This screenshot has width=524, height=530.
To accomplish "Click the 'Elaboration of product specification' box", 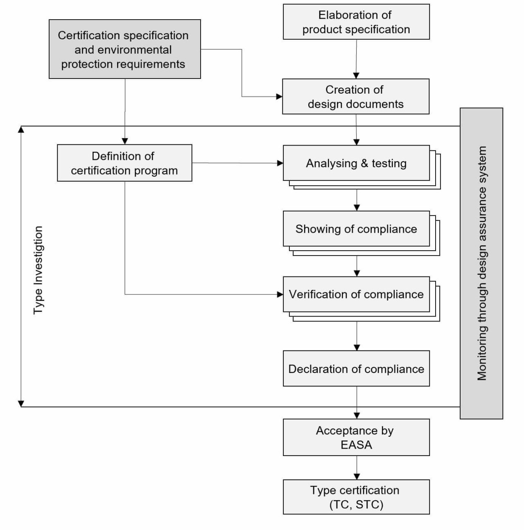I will click(x=356, y=22).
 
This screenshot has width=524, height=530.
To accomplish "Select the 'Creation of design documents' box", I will click(x=356, y=97).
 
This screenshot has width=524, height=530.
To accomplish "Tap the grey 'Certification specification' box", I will click(x=124, y=49).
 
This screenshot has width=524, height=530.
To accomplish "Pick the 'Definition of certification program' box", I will click(x=124, y=163).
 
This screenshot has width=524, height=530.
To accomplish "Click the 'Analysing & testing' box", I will click(x=356, y=163).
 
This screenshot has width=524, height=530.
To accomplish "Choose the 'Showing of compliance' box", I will click(x=356, y=229).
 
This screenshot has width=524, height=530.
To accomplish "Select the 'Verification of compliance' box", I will click(x=356, y=294).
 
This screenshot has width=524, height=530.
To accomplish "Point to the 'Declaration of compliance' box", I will click(x=356, y=368).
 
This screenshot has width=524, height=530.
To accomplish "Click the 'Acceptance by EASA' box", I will click(x=356, y=437).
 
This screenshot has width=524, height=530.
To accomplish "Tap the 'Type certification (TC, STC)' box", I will click(x=356, y=497).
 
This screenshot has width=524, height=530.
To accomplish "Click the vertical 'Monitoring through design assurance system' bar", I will click(x=481, y=263).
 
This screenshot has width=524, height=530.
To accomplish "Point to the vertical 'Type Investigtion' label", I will click(x=38, y=270).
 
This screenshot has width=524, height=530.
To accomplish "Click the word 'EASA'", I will click(x=356, y=445).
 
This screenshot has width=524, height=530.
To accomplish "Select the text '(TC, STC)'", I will click(x=356, y=505).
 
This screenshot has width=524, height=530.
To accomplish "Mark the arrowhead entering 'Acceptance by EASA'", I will click(x=357, y=415).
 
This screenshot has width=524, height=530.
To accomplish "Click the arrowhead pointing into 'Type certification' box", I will click(x=357, y=476).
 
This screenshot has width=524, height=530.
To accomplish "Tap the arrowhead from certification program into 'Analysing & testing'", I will click(x=280, y=163).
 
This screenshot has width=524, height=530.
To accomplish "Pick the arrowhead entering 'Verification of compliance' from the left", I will click(x=280, y=294).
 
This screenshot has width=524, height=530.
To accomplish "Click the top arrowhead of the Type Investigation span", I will click(x=21, y=129).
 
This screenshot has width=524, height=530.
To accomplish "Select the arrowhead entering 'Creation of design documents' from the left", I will click(x=279, y=97).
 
